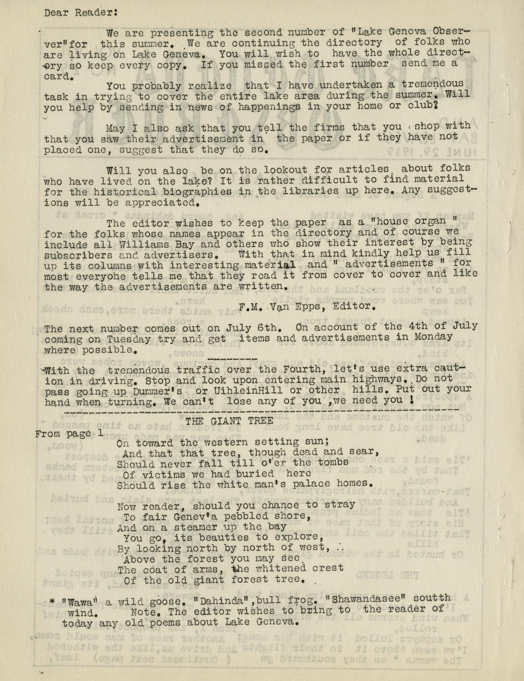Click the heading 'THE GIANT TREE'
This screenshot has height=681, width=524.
pyautogui.click(x=229, y=421)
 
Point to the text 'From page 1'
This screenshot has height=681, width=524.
pyautogui.click(x=70, y=434)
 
